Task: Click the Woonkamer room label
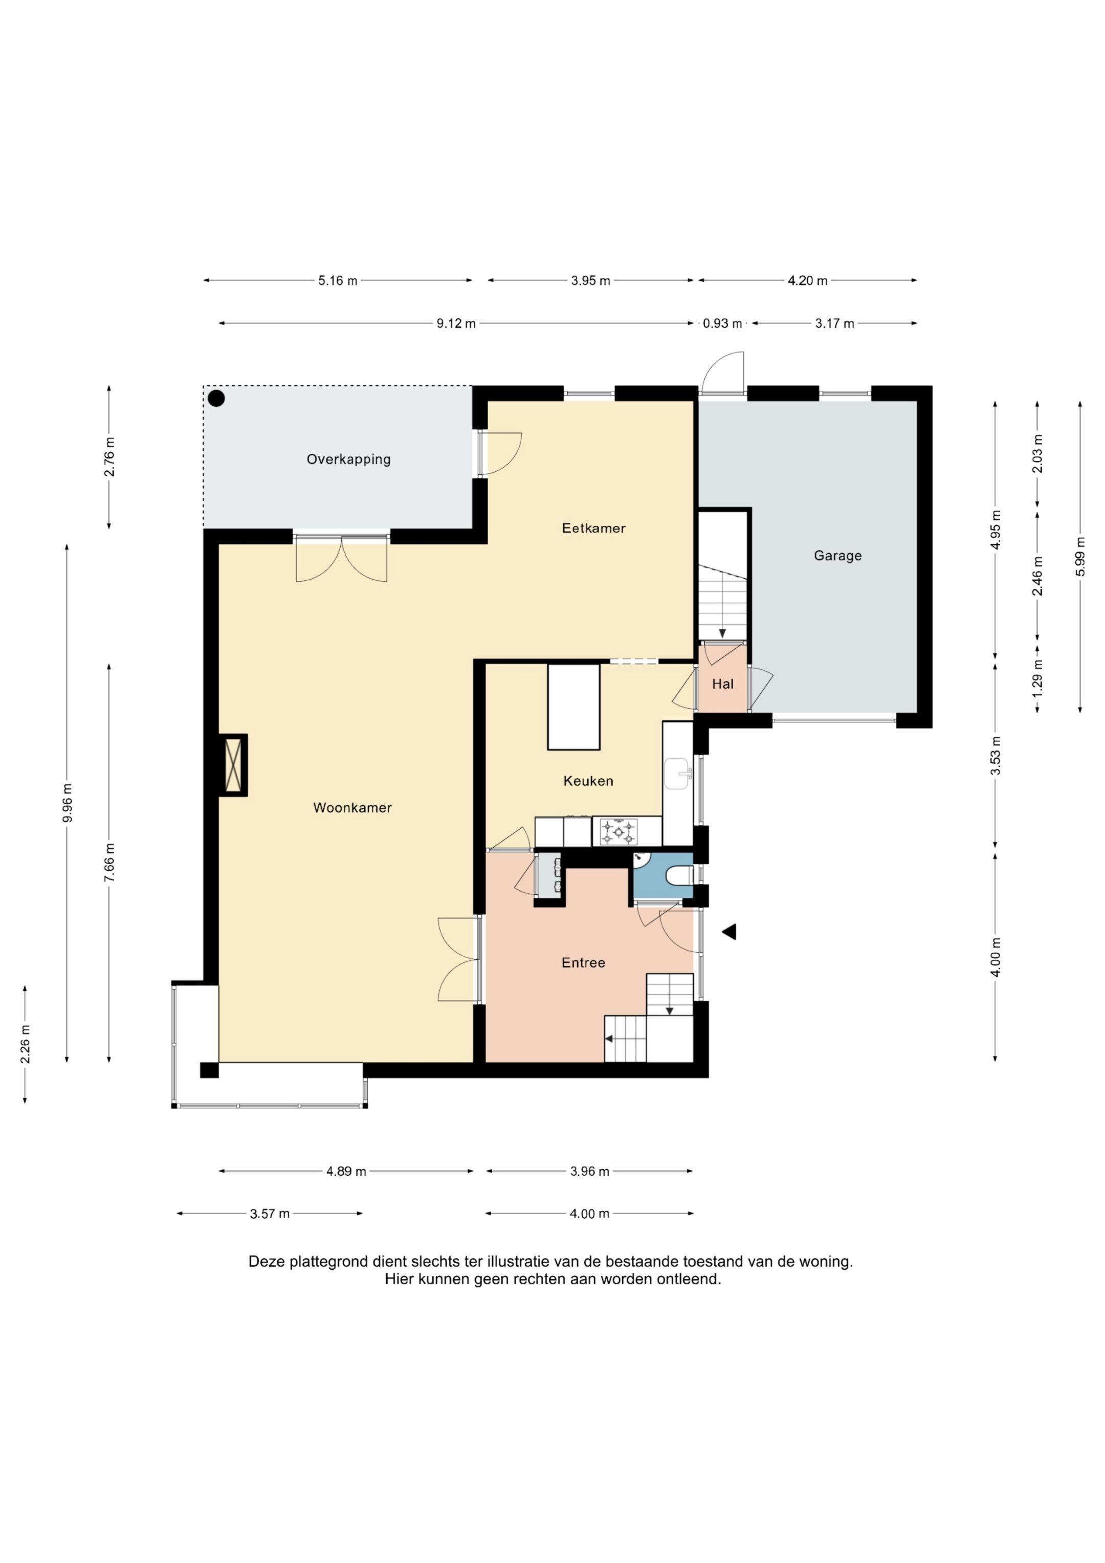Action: pos(352,807)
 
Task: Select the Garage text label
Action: pos(837,556)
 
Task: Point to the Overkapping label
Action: pos(348,459)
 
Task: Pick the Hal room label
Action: pos(722,684)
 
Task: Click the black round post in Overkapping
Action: pos(216,398)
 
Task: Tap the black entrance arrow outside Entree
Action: pos(729,932)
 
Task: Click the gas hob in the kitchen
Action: pos(618,831)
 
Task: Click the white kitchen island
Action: pos(574,707)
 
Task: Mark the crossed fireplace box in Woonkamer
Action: pos(233,765)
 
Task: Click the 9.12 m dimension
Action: pos(456,323)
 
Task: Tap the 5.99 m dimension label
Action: pos(1080,556)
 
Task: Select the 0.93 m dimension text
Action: pos(722,323)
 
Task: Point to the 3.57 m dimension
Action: pos(270,1213)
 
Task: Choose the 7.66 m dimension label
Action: pos(109,862)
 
